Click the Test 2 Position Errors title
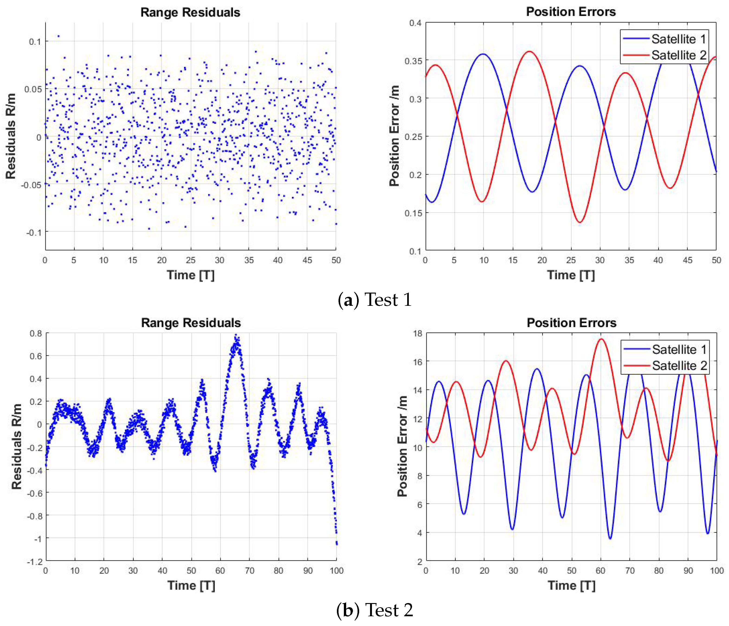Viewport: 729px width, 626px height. coord(571,323)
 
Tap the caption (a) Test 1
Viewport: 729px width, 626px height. coord(375,300)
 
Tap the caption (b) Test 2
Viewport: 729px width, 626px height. coord(375,610)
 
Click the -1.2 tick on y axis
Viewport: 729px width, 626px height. coord(35,562)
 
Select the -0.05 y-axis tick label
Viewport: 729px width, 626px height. coord(31,185)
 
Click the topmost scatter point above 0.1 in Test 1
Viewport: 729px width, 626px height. coord(58,36)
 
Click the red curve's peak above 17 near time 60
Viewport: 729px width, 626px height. coord(601,339)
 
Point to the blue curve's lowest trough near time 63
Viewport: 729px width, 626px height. coord(610,538)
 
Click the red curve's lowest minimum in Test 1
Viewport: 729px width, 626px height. coord(580,222)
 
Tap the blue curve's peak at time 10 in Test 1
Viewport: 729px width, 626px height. coord(484,54)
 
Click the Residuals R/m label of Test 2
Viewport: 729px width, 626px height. coord(16,446)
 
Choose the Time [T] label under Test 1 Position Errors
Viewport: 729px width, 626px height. coord(571,275)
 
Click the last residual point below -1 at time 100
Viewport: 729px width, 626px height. coord(337,544)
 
